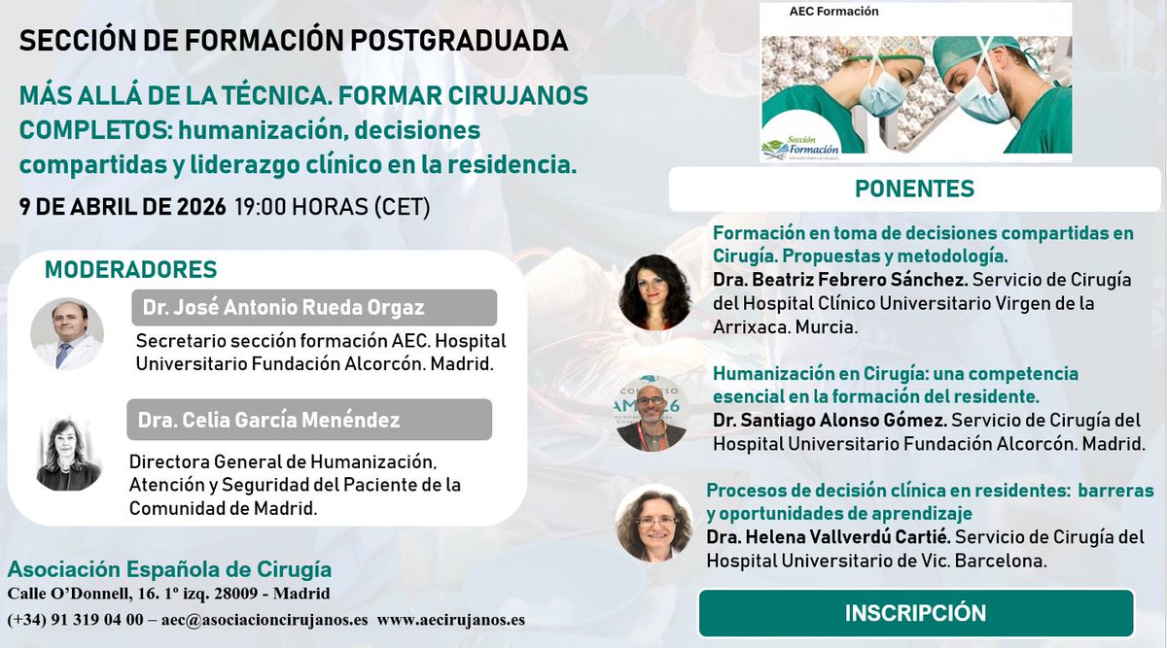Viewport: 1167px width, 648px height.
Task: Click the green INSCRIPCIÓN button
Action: point(915,613)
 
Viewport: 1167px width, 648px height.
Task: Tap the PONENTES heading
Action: point(913,188)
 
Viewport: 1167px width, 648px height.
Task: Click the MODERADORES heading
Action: point(130,269)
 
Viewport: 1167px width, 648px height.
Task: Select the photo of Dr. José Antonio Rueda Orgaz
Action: point(67,333)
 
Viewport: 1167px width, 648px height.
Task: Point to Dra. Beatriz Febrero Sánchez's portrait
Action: point(654,292)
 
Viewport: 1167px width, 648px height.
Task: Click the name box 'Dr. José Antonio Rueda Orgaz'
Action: point(314,308)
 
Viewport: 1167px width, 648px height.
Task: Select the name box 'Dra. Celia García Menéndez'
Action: point(308,420)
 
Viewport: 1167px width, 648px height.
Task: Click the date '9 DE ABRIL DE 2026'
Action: point(123,207)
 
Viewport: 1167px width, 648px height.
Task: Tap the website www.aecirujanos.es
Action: point(451,620)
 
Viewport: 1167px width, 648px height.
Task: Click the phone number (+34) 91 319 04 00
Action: point(75,620)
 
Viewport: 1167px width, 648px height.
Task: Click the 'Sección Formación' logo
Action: point(796,145)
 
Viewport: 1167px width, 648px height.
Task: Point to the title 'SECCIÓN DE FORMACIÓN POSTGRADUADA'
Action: point(293,41)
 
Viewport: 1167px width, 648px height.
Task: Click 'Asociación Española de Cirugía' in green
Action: point(169,569)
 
